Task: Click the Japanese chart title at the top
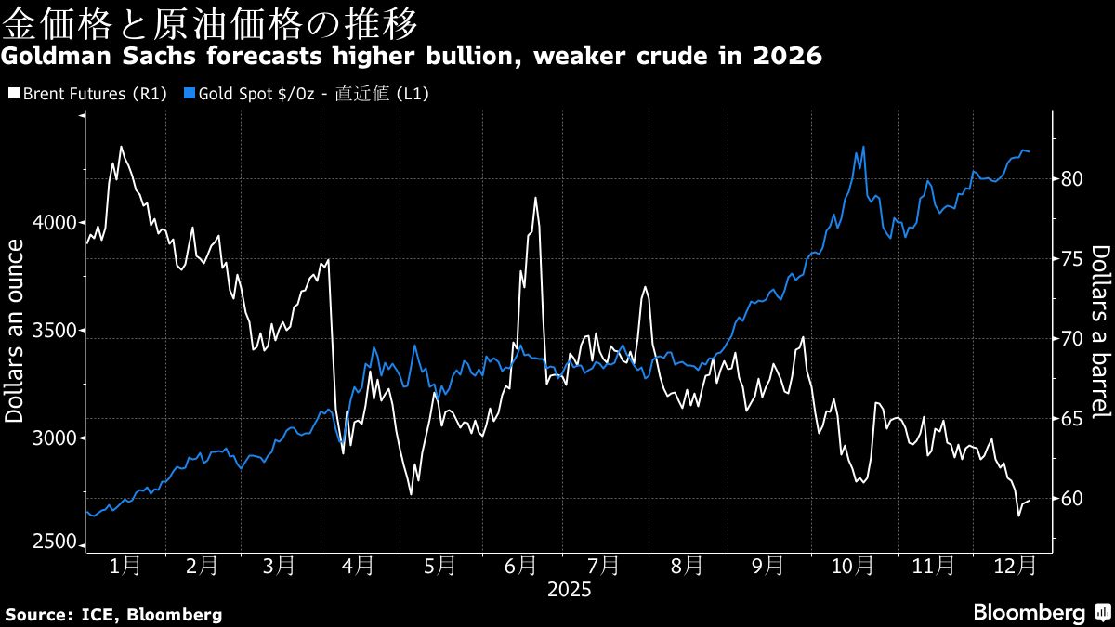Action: (x=209, y=20)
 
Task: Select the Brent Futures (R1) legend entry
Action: (x=86, y=94)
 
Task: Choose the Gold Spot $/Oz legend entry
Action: (x=306, y=94)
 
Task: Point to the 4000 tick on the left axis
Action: (x=58, y=223)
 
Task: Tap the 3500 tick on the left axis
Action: (x=58, y=331)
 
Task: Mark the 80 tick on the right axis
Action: (x=1071, y=178)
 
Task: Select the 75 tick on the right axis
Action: (x=1071, y=258)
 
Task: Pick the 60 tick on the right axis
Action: (x=1071, y=499)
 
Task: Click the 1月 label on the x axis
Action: (x=125, y=565)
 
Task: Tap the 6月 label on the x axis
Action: (x=522, y=565)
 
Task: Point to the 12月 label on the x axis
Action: (x=1014, y=565)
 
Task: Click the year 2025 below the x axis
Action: (x=569, y=589)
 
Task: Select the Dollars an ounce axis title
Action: (x=16, y=331)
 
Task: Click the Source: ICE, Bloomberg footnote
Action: (x=113, y=614)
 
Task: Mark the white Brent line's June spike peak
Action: (x=535, y=198)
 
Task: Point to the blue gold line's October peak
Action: (x=864, y=147)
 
